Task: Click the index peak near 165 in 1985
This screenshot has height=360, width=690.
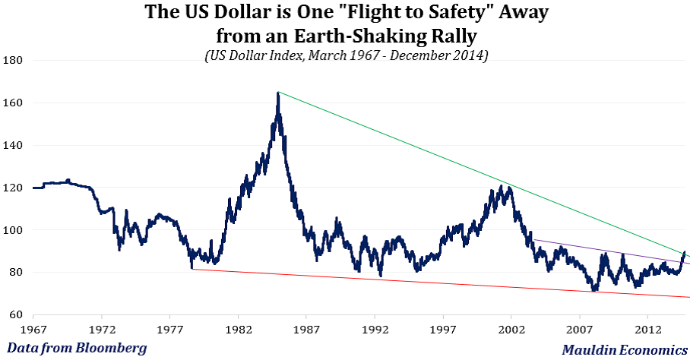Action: (x=278, y=93)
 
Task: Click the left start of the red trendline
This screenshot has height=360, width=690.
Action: (x=192, y=269)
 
